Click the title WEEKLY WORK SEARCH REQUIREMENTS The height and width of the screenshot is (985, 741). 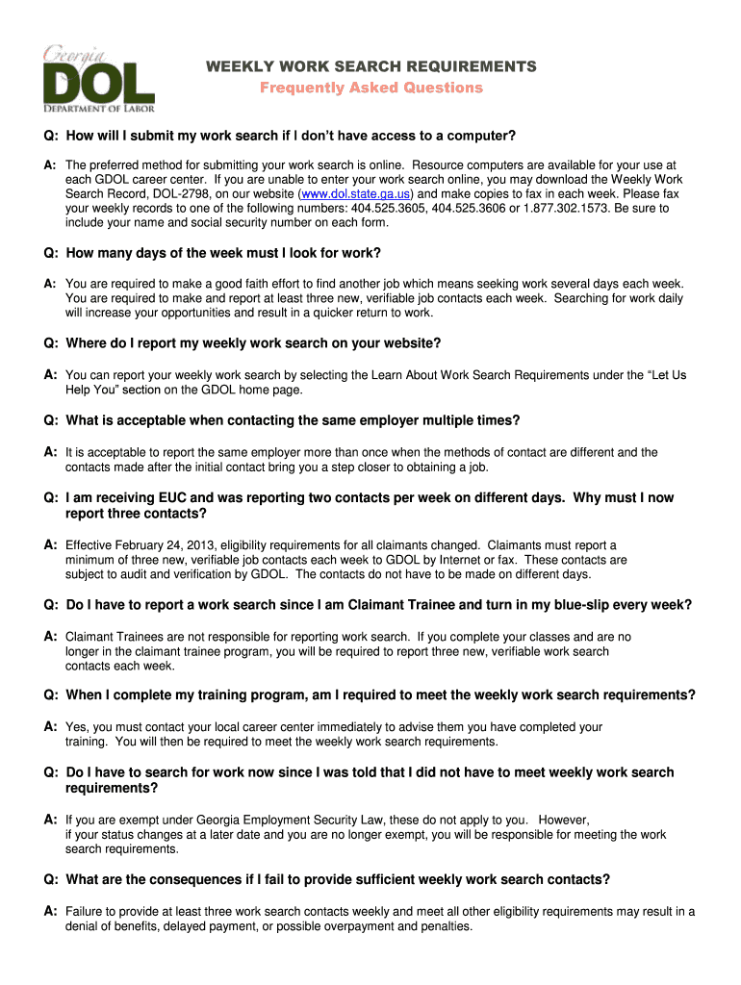(370, 66)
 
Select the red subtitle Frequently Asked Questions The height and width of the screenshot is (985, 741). (370, 88)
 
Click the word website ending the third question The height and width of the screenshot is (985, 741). (410, 343)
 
